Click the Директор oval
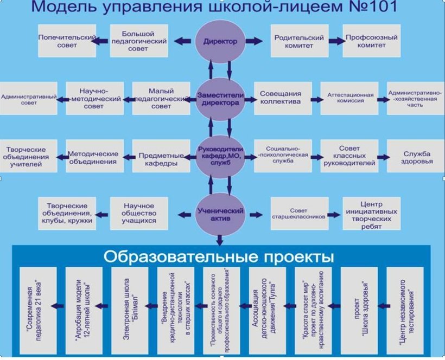(x=220, y=41)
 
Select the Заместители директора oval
(x=220, y=98)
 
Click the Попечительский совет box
(x=67, y=41)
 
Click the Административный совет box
(x=29, y=98)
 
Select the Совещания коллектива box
(x=283, y=98)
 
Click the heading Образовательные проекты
(x=219, y=256)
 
